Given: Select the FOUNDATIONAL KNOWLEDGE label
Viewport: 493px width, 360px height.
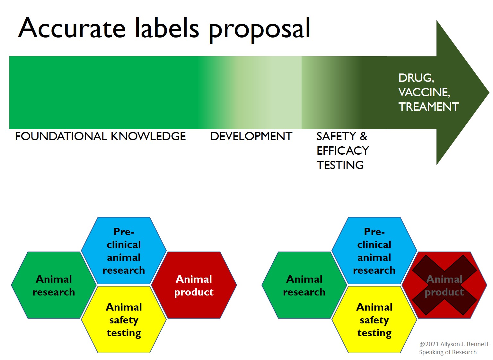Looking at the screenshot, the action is click(x=100, y=136).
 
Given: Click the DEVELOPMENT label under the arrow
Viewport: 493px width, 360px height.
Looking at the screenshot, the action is click(x=251, y=136).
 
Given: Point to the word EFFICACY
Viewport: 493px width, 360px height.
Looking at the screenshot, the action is click(x=343, y=150).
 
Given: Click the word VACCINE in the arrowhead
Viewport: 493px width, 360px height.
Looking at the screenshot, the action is click(x=424, y=92).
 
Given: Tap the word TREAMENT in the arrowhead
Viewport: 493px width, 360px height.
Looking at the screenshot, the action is click(x=428, y=107).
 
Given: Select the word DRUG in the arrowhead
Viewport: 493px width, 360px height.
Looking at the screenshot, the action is click(x=416, y=78).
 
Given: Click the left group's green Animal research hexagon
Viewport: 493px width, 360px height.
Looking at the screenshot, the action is click(x=54, y=285).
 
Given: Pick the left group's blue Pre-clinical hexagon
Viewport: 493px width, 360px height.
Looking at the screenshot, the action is click(x=124, y=251).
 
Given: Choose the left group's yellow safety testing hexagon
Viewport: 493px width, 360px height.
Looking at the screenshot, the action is click(x=124, y=320).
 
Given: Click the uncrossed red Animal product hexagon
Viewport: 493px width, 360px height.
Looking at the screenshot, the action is click(x=194, y=285).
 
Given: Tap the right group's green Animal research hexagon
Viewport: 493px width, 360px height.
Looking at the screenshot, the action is click(x=304, y=285).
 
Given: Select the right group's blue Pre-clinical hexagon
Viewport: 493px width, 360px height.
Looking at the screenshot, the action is click(x=374, y=251).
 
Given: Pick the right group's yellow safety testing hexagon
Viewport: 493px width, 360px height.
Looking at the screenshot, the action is click(x=374, y=320).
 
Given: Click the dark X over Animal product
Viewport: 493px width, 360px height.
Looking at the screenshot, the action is click(x=445, y=285).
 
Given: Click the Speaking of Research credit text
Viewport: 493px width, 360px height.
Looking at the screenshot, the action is click(x=448, y=352).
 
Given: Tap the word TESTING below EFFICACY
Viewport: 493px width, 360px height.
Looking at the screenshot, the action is click(x=340, y=165).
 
